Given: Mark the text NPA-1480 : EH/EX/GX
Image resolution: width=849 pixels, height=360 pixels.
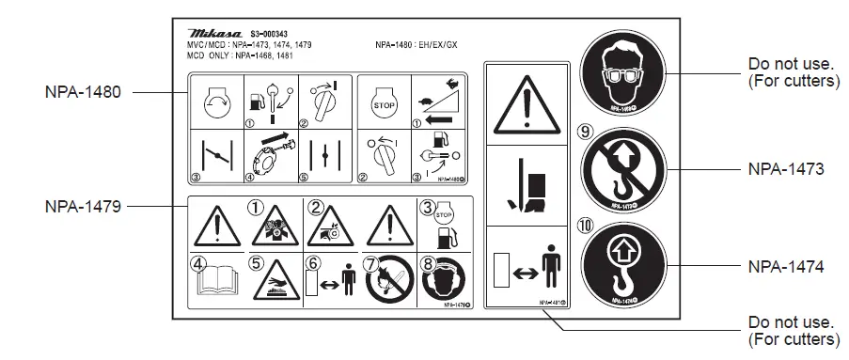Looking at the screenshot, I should [417, 44].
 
